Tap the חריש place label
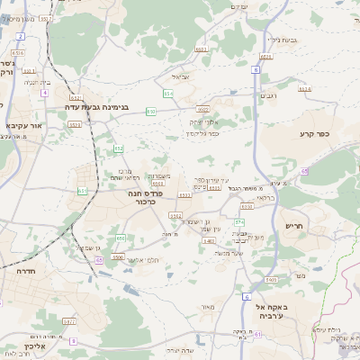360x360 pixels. [296, 226]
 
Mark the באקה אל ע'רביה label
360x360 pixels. [265, 310]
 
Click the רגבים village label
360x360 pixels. [269, 96]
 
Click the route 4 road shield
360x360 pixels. [45, 93]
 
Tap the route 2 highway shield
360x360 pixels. [20, 36]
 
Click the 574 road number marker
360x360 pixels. [239, 221]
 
